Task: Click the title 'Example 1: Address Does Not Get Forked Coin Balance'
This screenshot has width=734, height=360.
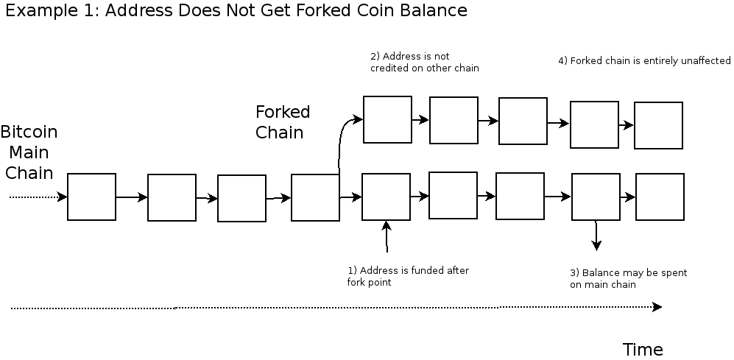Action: pyautogui.click(x=236, y=11)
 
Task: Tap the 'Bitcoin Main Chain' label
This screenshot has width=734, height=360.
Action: pyautogui.click(x=29, y=152)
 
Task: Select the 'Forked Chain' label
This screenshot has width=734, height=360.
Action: pyautogui.click(x=282, y=122)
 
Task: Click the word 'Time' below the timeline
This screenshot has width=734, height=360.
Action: pyautogui.click(x=643, y=350)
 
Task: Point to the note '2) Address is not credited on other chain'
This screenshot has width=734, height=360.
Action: pyautogui.click(x=424, y=62)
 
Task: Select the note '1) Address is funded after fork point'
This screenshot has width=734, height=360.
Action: pyautogui.click(x=408, y=276)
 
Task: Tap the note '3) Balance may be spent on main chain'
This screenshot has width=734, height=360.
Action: pyautogui.click(x=628, y=278)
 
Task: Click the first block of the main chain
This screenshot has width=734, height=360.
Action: pyautogui.click(x=92, y=197)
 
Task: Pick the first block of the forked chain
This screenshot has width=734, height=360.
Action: pyautogui.click(x=387, y=119)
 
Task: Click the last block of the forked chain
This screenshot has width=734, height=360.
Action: pyautogui.click(x=658, y=125)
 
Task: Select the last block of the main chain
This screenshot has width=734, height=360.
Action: pyautogui.click(x=660, y=197)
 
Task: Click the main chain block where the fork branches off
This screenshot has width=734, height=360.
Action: pyautogui.click(x=315, y=197)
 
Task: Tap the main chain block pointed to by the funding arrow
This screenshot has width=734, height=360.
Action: pyautogui.click(x=386, y=197)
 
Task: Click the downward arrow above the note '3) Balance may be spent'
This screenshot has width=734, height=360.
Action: pyautogui.click(x=596, y=236)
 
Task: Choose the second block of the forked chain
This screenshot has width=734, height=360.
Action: pyautogui.click(x=454, y=120)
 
